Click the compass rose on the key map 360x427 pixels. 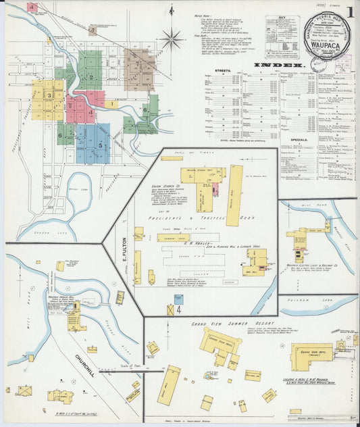[172, 39]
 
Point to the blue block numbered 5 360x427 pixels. [101, 145]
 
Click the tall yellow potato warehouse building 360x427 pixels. [234, 195]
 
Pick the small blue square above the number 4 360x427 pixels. [178, 298]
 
